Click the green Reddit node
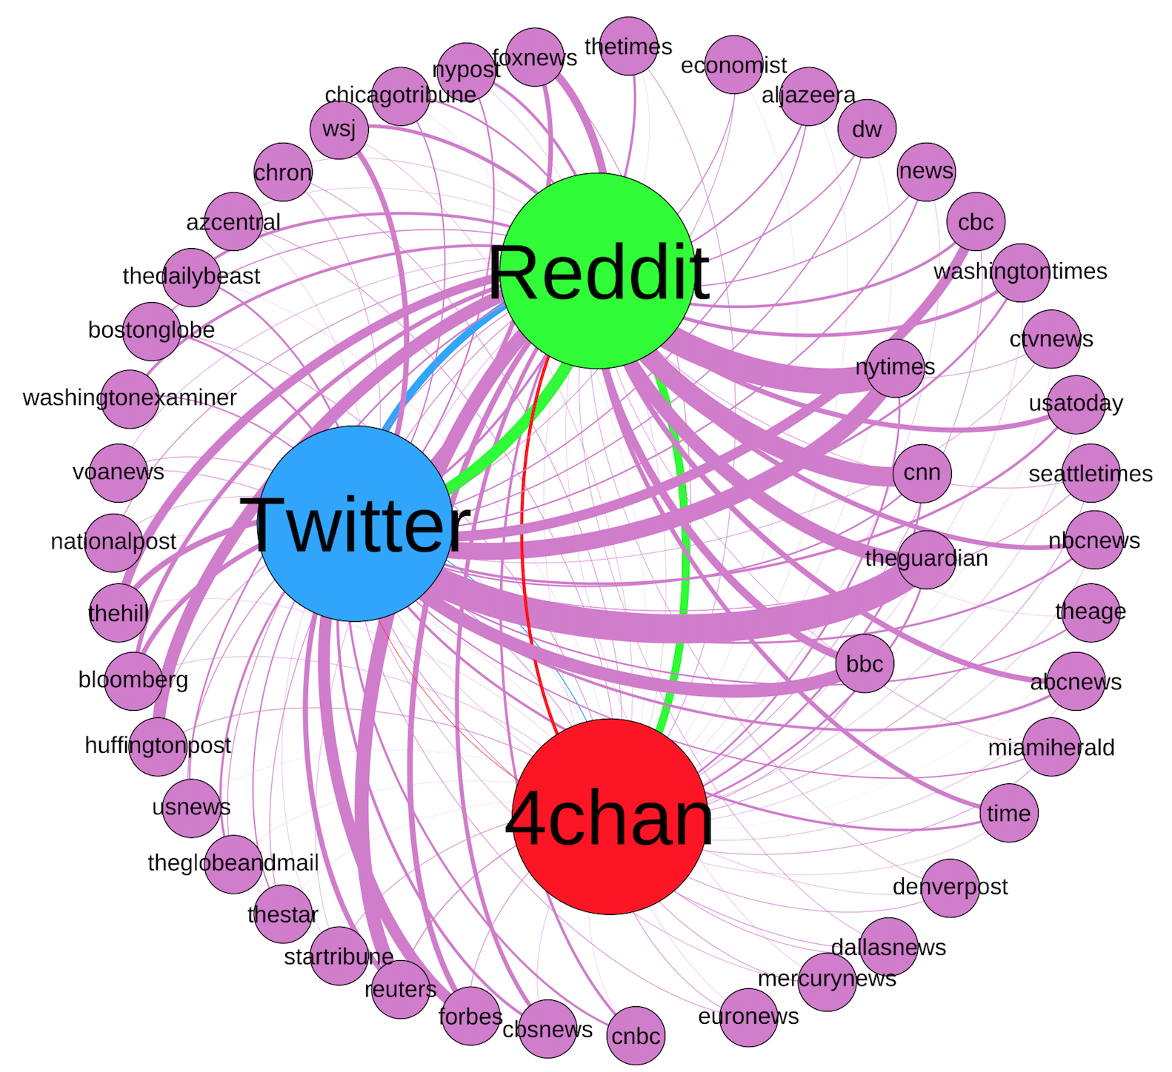tap(599, 271)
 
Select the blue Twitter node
tap(356, 523)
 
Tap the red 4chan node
tap(610, 817)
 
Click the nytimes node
tap(896, 368)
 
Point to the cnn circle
tap(922, 473)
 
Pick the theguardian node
tap(927, 560)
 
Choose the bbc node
tap(865, 663)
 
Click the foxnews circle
tap(535, 58)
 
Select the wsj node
tap(339, 130)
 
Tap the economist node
tap(734, 65)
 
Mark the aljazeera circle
tap(809, 96)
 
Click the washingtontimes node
tap(1021, 272)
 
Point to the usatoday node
tap(1076, 404)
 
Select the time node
tap(1009, 813)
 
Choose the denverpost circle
tap(950, 888)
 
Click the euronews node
tap(749, 1017)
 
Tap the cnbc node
tap(636, 1036)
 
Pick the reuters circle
tap(401, 989)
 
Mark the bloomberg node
tap(134, 681)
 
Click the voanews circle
tap(119, 473)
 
